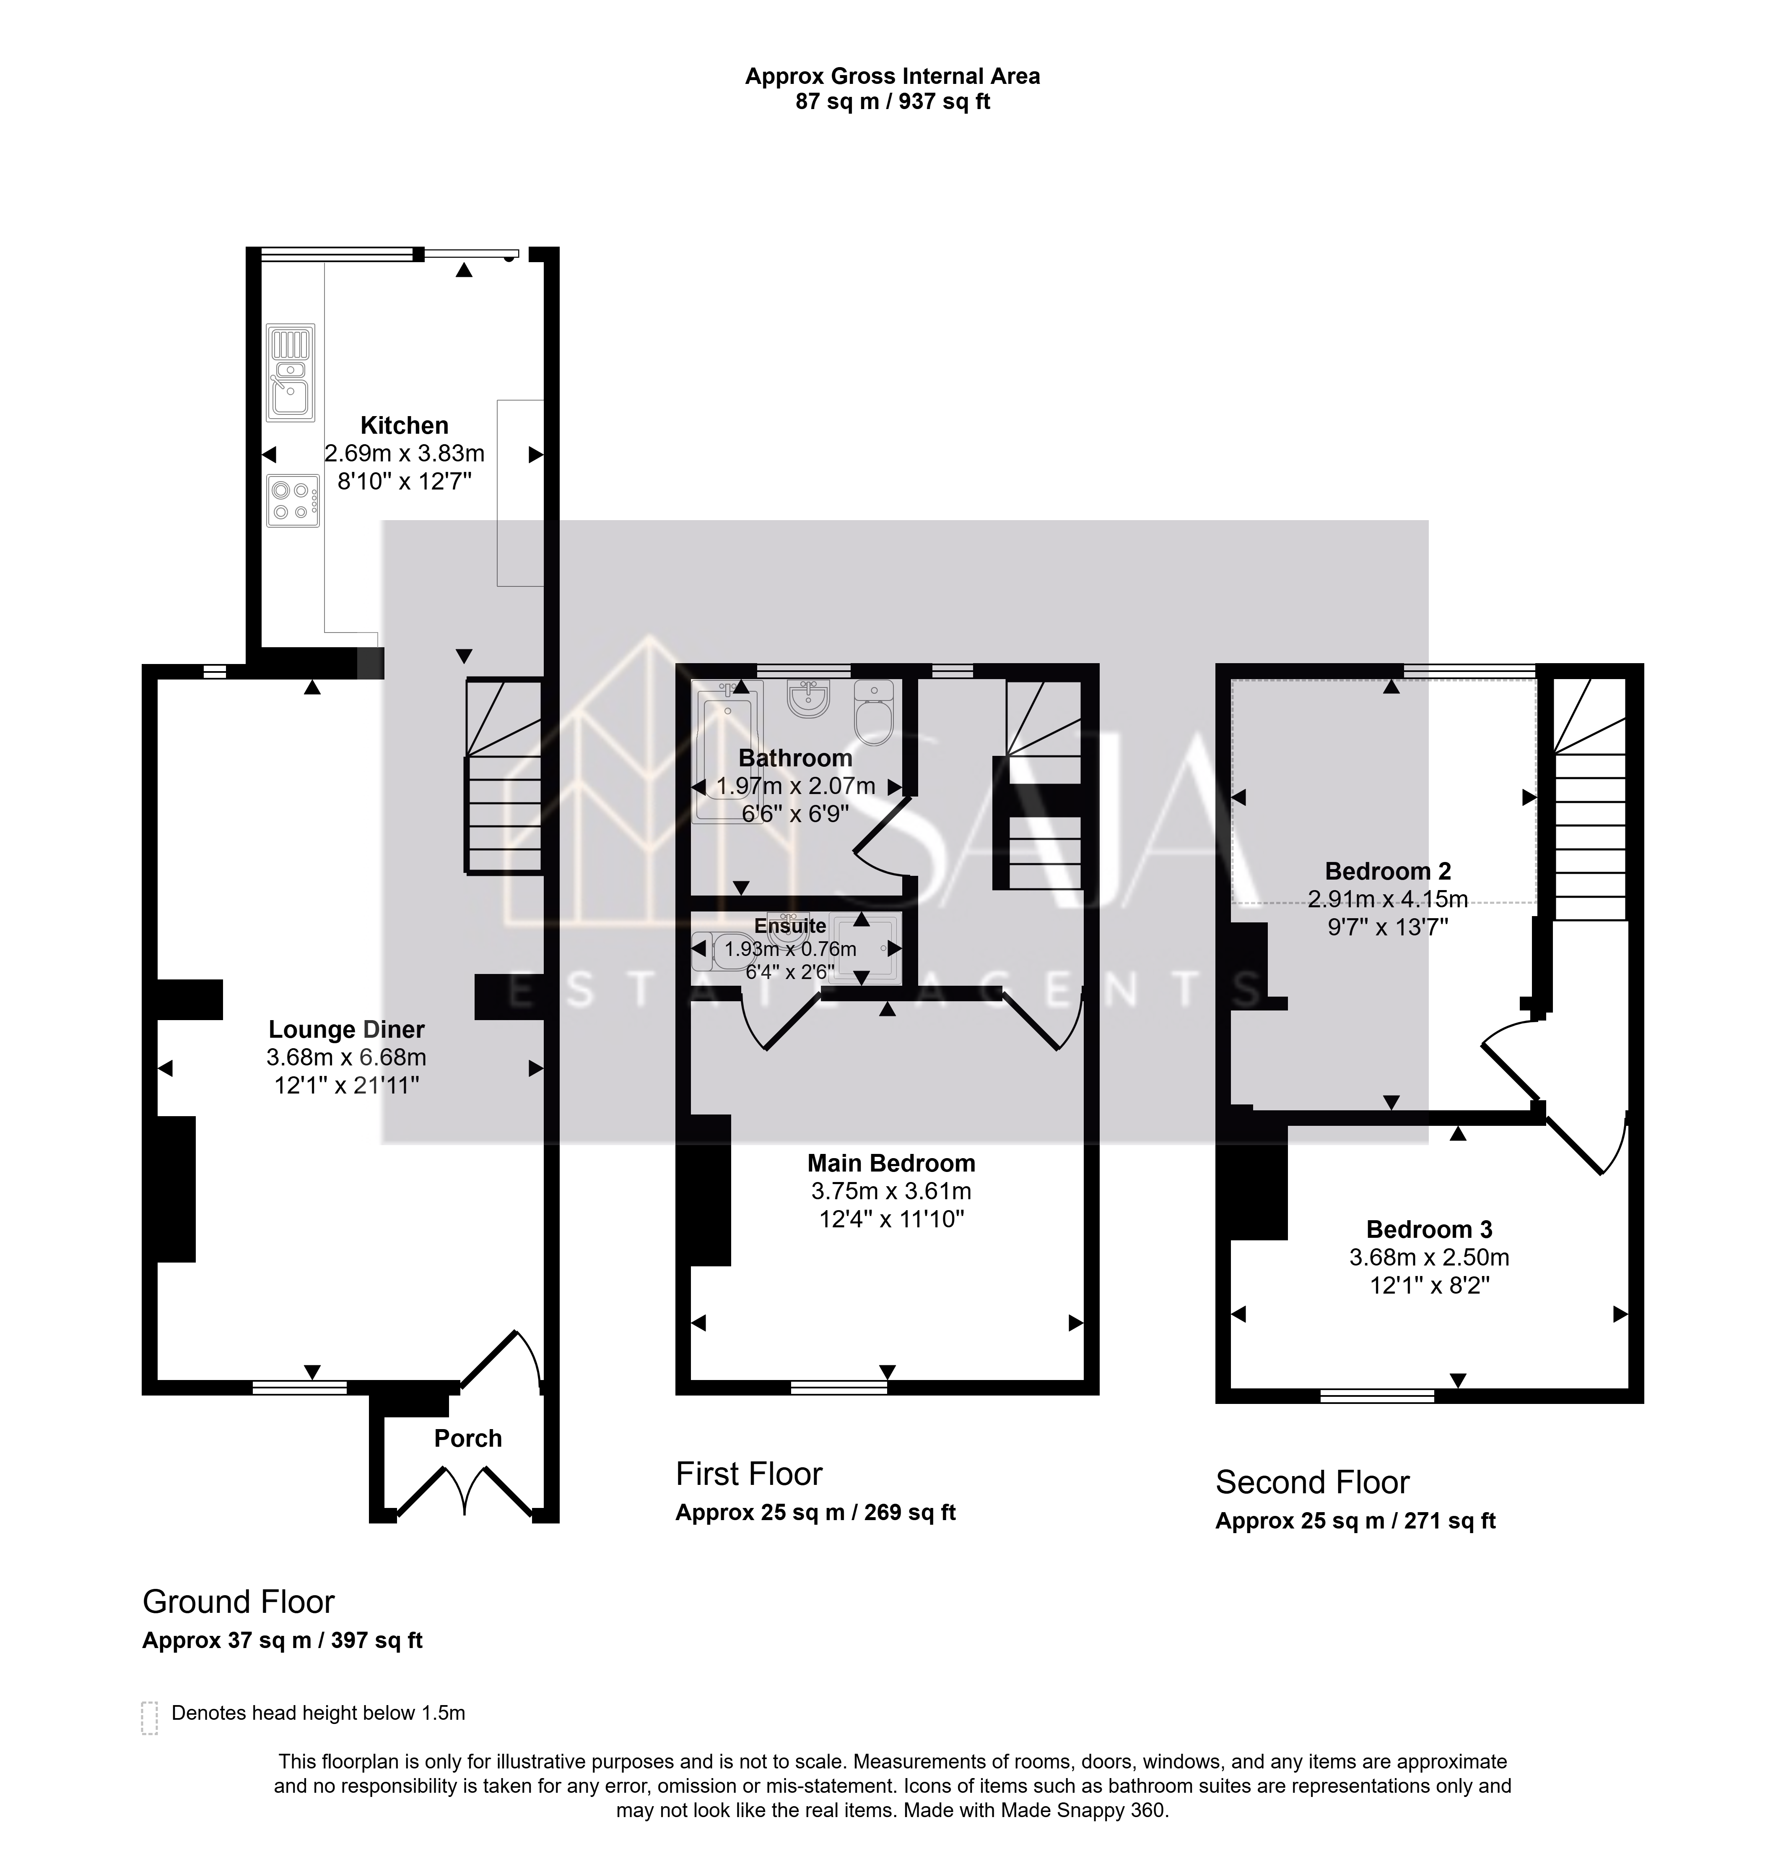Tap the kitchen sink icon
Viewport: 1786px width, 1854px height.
290,372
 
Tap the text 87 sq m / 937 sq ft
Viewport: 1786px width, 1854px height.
893,101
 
